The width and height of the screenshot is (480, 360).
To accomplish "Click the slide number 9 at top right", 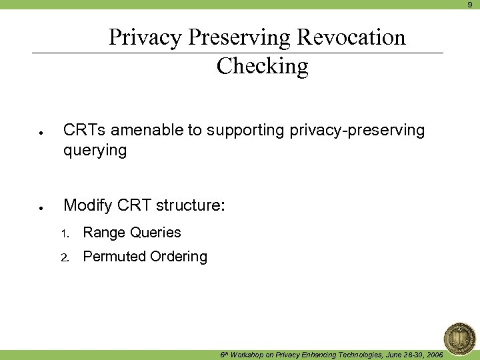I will (469, 5).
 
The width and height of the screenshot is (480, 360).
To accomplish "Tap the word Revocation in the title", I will (351, 37).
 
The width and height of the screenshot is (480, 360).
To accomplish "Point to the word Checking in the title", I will (262, 66).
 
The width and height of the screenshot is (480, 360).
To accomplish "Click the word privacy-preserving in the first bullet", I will (357, 131).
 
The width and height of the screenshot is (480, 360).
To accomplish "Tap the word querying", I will (95, 151).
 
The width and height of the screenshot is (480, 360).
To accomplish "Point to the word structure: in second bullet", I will (191, 205).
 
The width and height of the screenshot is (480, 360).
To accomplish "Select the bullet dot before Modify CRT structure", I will (41, 208).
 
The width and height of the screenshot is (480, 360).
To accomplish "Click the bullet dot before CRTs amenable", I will (41, 133).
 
